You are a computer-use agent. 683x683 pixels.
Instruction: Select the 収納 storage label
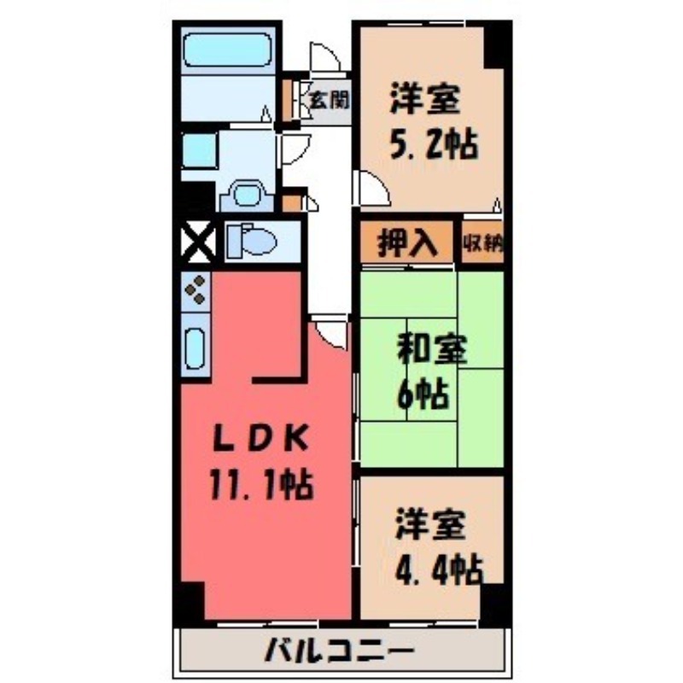482,243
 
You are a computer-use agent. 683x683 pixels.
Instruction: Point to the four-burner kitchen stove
196,290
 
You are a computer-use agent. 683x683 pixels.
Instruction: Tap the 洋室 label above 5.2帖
426,101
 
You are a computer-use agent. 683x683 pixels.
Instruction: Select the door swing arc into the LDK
331,329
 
